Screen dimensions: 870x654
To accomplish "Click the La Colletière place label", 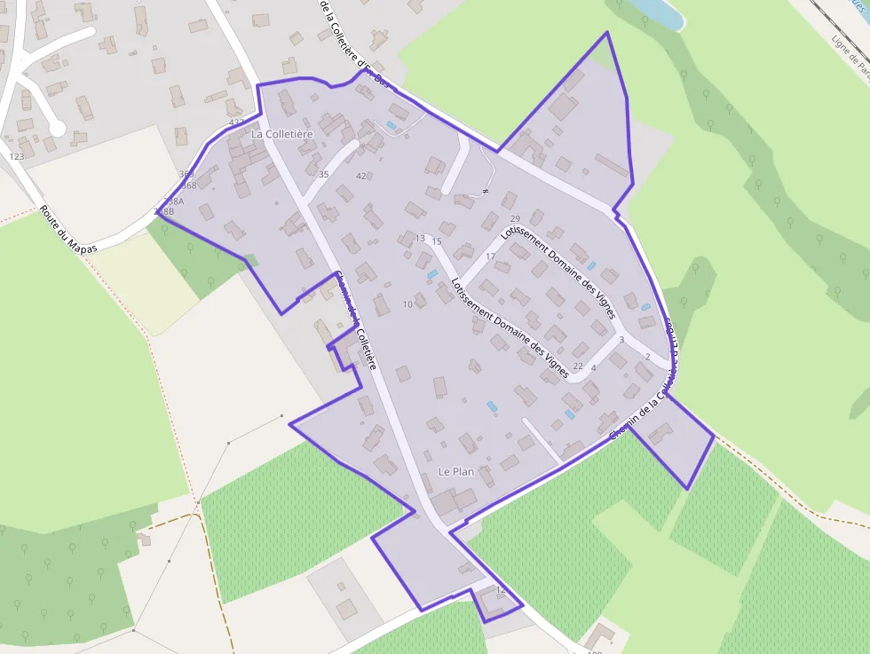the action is click(x=282, y=134).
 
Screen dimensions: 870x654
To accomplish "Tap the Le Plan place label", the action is click(x=456, y=471).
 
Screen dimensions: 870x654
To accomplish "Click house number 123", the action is click(x=17, y=157).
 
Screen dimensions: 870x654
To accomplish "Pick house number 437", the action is click(x=236, y=122).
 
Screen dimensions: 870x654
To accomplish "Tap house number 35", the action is click(x=323, y=175).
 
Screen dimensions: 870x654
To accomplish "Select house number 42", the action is click(x=361, y=177).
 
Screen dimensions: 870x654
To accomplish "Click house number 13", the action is click(x=421, y=239).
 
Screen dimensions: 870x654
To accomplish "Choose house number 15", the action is click(x=436, y=241).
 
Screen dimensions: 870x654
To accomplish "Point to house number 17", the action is click(x=490, y=256).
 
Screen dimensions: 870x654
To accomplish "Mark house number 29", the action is click(x=515, y=219).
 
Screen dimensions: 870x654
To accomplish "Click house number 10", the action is click(x=408, y=305).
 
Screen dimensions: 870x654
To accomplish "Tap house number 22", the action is click(x=578, y=366).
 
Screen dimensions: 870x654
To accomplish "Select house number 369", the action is click(x=186, y=175).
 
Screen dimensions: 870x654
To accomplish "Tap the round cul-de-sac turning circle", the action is click(x=57, y=130).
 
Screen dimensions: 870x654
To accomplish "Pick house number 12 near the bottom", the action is click(x=500, y=590).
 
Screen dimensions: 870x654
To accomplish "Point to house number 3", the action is click(x=621, y=340).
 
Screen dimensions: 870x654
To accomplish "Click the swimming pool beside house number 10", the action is click(x=432, y=275).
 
